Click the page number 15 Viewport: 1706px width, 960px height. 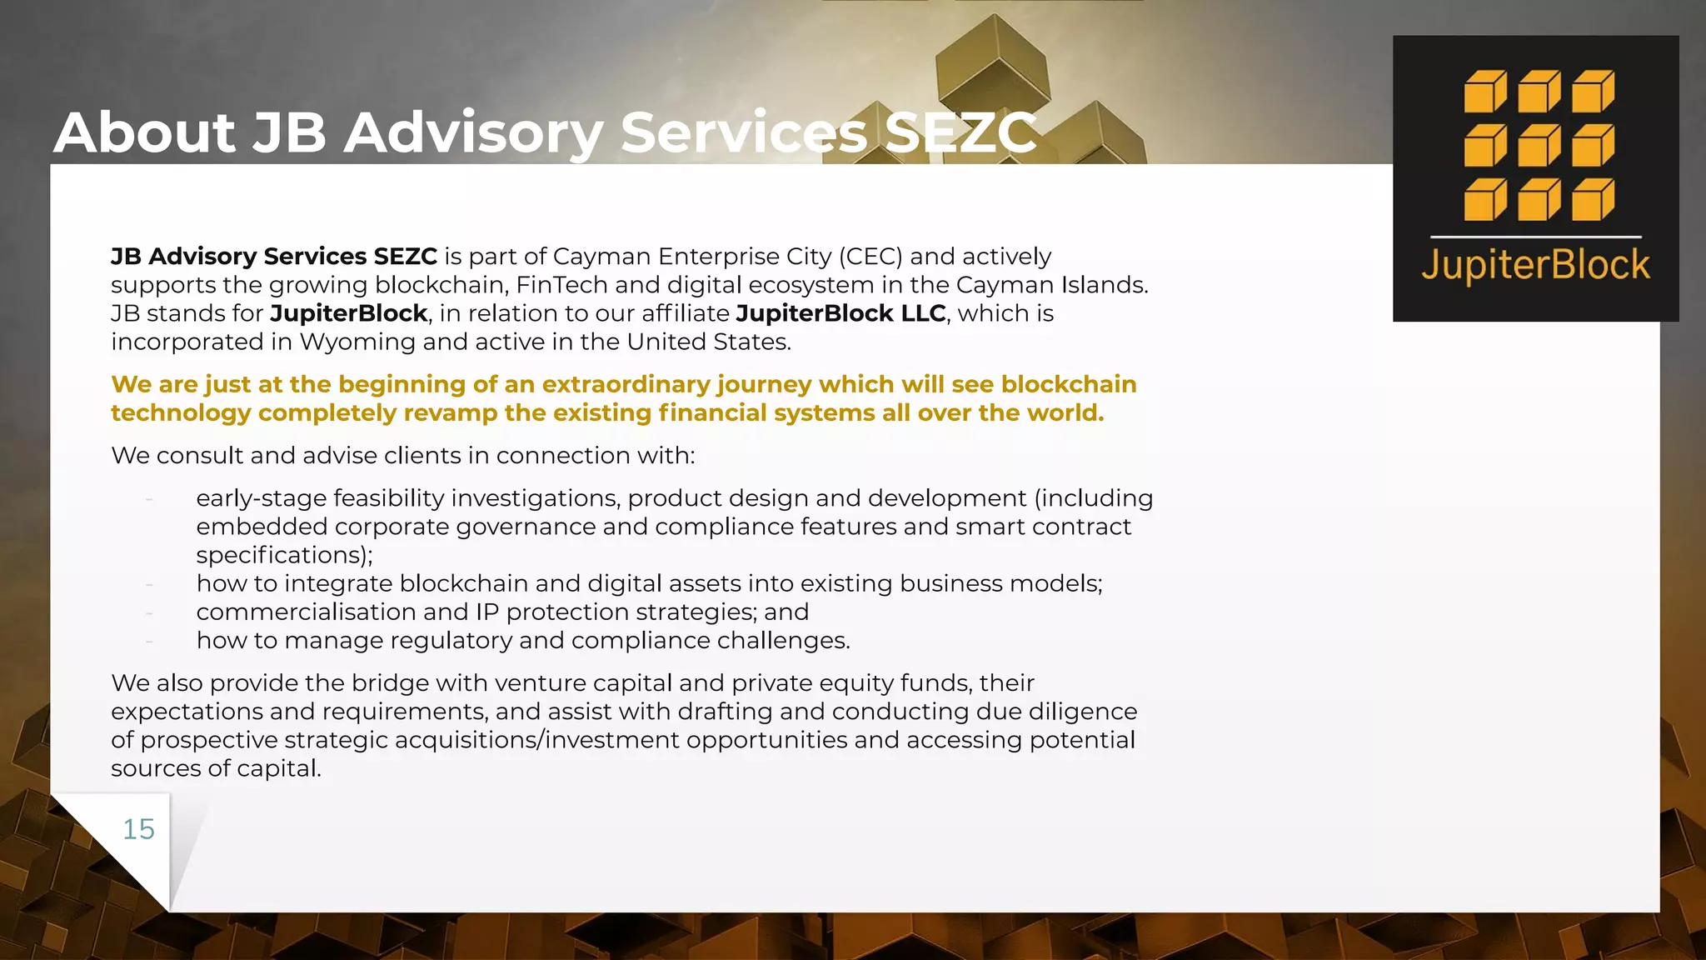coord(138,829)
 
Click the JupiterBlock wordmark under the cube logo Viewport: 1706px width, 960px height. coord(1535,266)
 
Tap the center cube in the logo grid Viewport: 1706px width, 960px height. coord(1539,146)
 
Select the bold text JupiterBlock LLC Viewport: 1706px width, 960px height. coord(841,313)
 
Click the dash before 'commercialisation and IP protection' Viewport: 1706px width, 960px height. coord(149,612)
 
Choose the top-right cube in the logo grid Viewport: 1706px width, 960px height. coord(1593,92)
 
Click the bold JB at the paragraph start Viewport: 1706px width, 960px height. coord(126,257)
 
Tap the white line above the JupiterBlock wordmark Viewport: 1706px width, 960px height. coord(1535,237)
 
